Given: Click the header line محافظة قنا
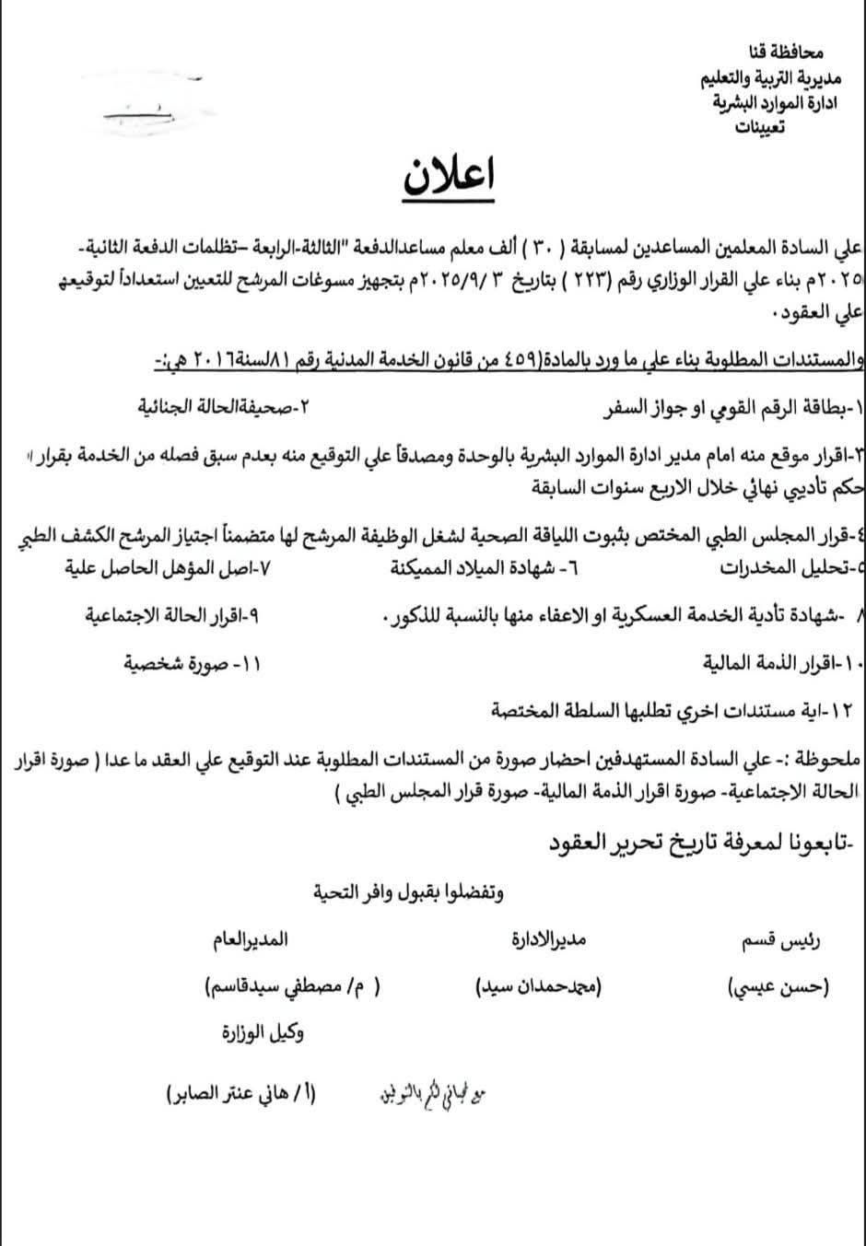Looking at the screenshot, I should (785, 54).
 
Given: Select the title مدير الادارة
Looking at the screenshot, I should (549, 940).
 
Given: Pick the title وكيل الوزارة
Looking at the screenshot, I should (263, 1032).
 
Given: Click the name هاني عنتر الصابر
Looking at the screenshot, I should (241, 1095).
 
